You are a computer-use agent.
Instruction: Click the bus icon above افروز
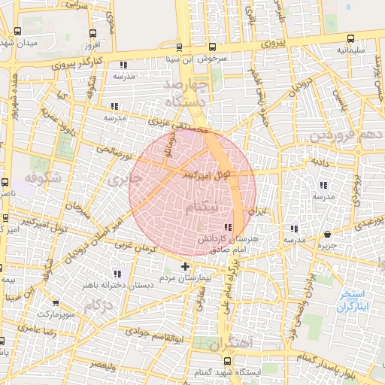pyautogui.click(x=92, y=34)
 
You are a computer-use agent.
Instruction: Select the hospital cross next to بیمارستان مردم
pyautogui.click(x=186, y=267)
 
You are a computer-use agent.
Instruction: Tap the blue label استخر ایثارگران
pyautogui.click(x=350, y=301)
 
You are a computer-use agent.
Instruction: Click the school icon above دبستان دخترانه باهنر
pyautogui.click(x=116, y=274)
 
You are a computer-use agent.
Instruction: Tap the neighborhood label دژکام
pyautogui.click(x=98, y=307)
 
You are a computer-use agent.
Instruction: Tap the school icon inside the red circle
pyautogui.click(x=228, y=228)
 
